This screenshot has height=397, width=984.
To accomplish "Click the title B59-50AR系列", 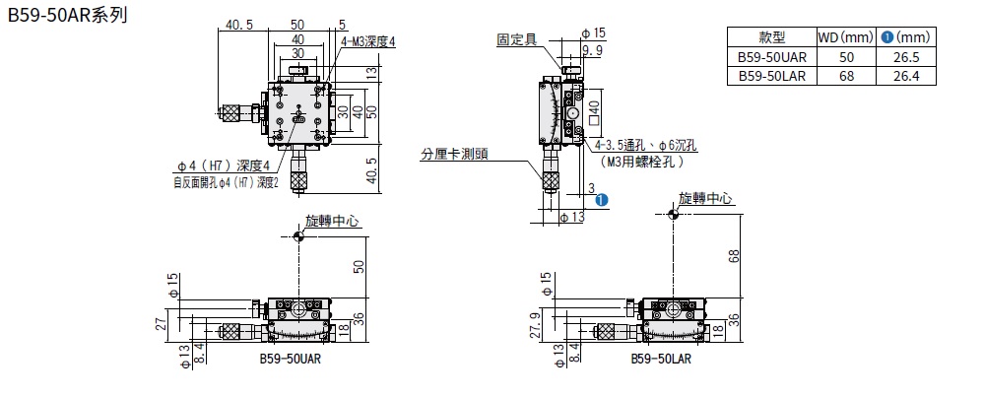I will (65, 16).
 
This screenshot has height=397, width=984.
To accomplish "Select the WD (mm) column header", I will (846, 37).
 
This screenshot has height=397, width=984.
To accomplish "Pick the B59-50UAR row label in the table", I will (773, 56).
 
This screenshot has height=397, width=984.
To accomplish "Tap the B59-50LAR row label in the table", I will (773, 75).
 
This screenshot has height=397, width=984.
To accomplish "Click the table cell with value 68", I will (846, 75).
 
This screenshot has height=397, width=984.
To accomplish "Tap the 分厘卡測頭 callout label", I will (454, 154).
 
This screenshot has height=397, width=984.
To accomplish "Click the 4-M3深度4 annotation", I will (367, 42).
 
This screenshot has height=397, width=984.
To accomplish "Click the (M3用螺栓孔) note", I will (641, 161).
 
